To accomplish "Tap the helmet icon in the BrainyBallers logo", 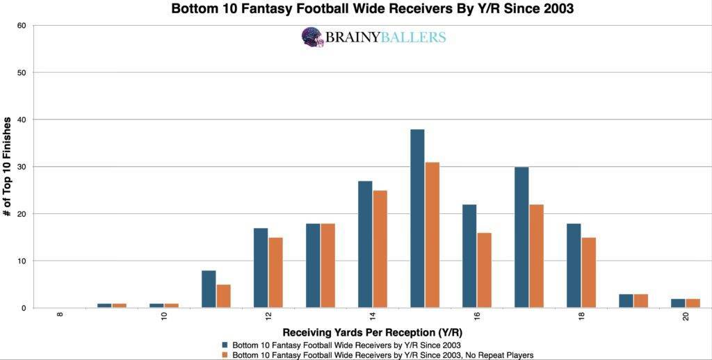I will tap(313, 37).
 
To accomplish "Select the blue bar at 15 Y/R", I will tap(417, 218).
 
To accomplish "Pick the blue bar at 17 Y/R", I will tap(521, 237).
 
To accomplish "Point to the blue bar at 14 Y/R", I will tap(365, 244).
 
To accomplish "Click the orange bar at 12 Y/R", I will tap(275, 272).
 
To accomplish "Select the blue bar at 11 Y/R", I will tap(209, 289).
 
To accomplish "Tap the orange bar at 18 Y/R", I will tap(588, 272).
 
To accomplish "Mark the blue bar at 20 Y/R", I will tap(678, 303).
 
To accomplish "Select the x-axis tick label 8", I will tap(60, 316).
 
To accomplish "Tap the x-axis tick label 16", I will tap(478, 316).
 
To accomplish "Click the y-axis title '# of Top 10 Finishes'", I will tap(8, 167).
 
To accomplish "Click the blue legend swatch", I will tap(225, 344).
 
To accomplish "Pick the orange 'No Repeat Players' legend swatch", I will tap(225, 354).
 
